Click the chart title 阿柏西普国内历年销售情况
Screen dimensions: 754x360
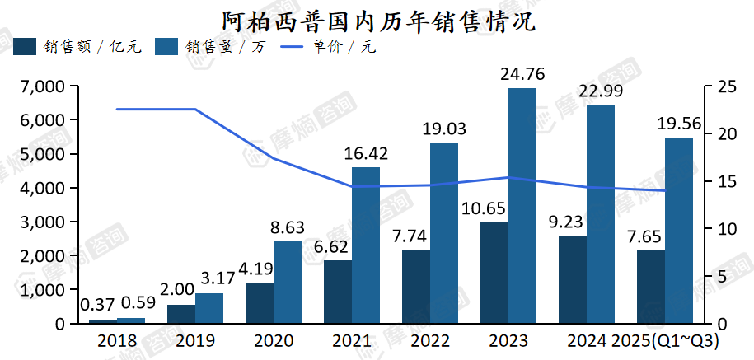pos(378,21)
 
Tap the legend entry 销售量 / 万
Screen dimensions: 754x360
pos(210,47)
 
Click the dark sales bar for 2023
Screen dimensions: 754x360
pos(494,273)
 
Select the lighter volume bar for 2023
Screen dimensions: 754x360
pos(522,206)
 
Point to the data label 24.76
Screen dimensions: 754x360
pos(522,75)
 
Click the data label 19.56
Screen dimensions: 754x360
pos(678,124)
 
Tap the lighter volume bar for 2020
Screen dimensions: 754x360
pos(288,282)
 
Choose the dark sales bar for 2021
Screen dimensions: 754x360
pos(338,292)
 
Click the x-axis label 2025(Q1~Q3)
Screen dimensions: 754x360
pos(665,341)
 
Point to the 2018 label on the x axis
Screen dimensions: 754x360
pos(117,341)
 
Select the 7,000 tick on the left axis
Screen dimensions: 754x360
pos(43,86)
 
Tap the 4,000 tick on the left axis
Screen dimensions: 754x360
pos(43,189)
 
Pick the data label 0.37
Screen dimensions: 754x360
pos(99,304)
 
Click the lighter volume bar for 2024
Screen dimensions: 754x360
pos(601,214)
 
